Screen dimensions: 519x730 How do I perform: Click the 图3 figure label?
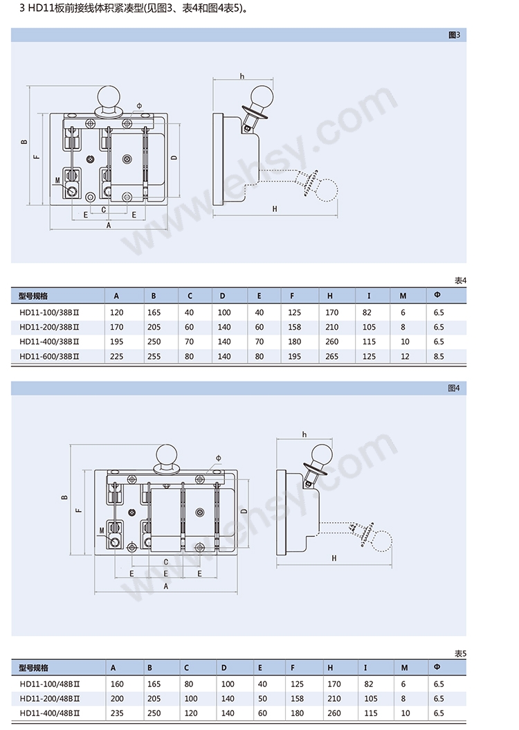(x=454, y=34)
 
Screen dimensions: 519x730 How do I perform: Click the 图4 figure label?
(x=454, y=389)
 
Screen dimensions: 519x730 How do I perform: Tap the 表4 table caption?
(x=460, y=281)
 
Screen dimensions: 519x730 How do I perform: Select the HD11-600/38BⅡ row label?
(x=50, y=357)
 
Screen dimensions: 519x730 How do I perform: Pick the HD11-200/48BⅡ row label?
(x=50, y=698)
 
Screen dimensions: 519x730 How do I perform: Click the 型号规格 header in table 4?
(x=34, y=296)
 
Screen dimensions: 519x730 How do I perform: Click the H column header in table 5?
(x=330, y=668)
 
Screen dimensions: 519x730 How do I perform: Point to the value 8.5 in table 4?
(x=439, y=357)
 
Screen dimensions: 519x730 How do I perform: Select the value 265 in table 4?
(x=332, y=357)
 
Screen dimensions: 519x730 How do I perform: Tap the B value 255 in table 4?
(x=153, y=357)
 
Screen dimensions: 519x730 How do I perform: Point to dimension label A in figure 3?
(x=109, y=225)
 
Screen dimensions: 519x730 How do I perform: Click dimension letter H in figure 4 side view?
(x=334, y=558)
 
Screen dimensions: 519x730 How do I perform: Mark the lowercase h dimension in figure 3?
(x=242, y=75)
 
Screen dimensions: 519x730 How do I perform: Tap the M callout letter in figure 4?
(x=101, y=531)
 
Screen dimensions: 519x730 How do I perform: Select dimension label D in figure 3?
(x=174, y=157)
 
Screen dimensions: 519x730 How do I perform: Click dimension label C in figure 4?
(x=166, y=562)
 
